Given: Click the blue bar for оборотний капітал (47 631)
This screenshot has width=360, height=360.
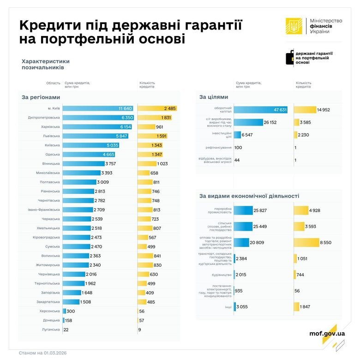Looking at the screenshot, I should (261, 109).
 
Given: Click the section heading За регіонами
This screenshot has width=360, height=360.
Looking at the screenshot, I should (41, 97).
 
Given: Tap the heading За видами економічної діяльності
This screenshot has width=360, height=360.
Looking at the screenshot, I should (249, 196).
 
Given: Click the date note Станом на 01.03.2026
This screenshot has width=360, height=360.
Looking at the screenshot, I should (42, 353).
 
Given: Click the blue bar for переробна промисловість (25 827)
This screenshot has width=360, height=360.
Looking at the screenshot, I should (243, 210).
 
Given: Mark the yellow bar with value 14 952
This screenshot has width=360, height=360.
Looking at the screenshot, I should (305, 109).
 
